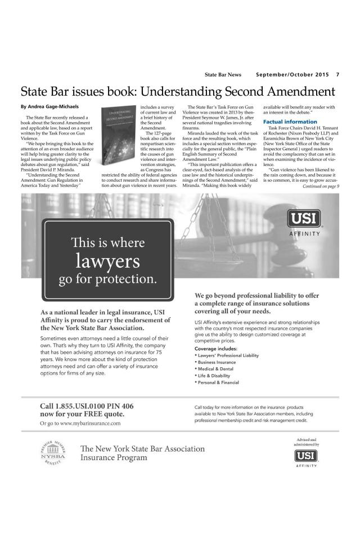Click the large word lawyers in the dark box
[x=109, y=260]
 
